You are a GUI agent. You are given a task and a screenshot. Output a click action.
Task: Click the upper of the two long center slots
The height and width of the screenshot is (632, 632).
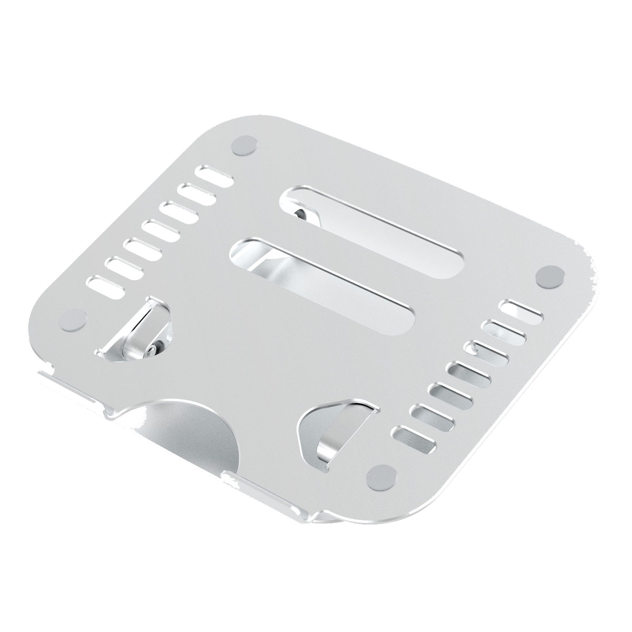[375, 229]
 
